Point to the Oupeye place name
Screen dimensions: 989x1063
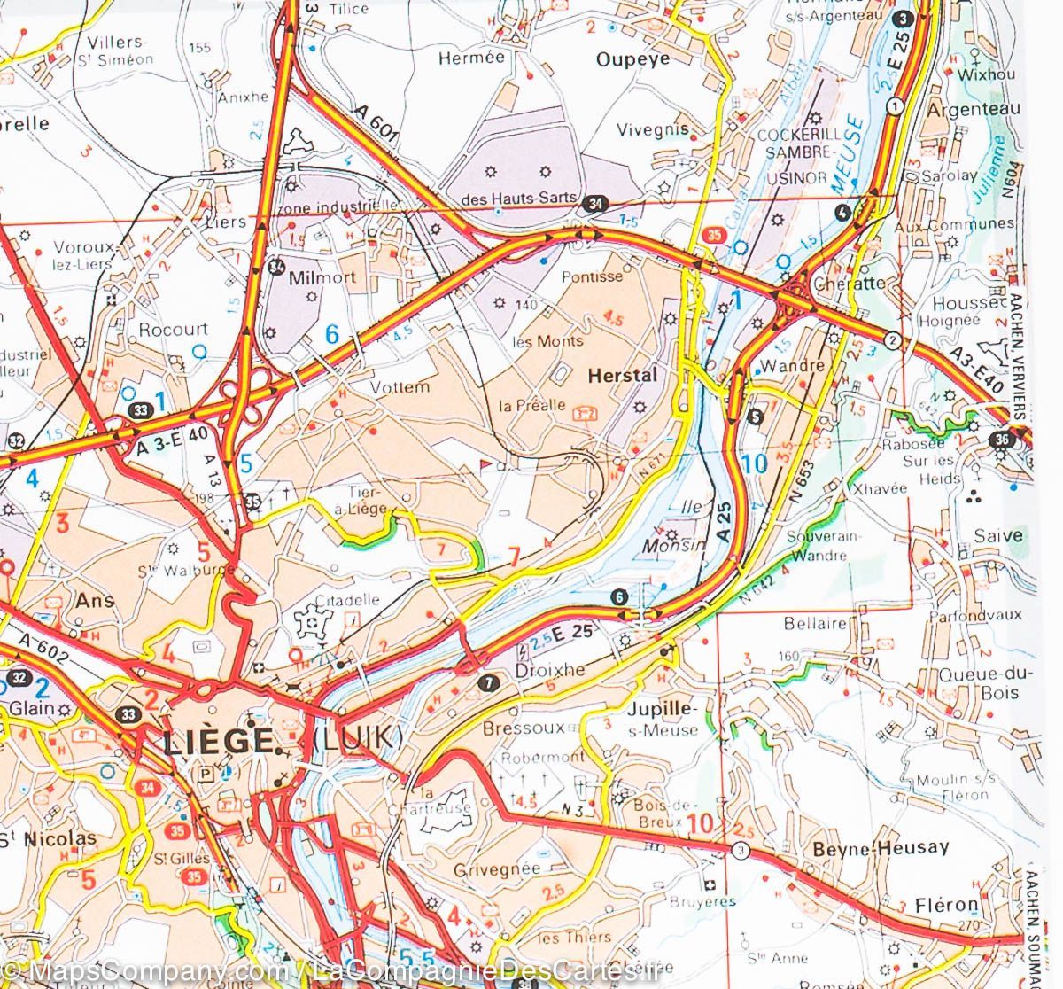click(x=632, y=58)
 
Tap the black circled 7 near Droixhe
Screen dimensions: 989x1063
click(x=485, y=682)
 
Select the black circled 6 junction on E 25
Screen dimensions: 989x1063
click(x=619, y=596)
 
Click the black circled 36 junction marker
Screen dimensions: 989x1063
click(x=1003, y=438)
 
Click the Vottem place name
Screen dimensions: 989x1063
click(x=400, y=386)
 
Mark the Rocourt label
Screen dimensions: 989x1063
click(x=173, y=329)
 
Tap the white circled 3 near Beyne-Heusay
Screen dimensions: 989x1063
click(x=740, y=851)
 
